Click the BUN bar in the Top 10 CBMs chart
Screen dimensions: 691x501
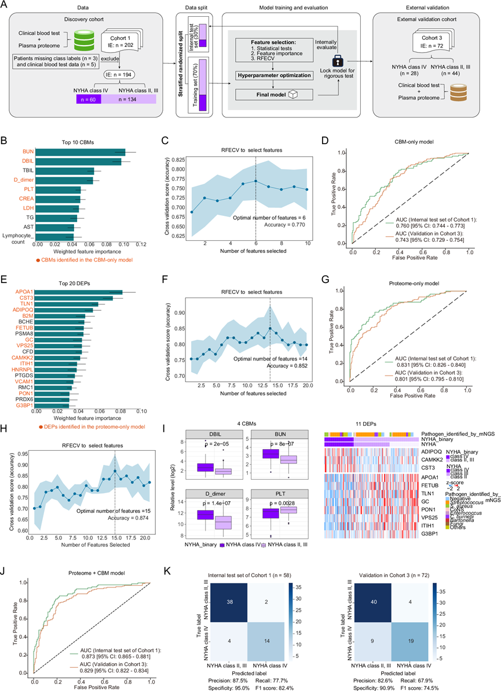coord(81,152)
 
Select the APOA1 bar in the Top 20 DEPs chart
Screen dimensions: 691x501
coord(79,292)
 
